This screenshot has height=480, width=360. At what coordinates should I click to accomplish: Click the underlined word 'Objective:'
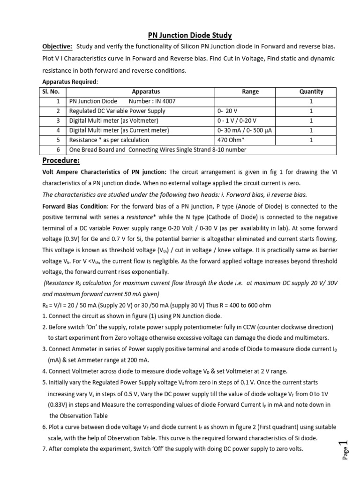tap(57, 48)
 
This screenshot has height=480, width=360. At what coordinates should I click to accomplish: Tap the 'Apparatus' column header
tap(146, 92)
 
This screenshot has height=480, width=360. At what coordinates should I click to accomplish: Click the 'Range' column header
tap(250, 92)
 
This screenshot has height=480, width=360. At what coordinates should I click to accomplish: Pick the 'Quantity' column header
tap(311, 92)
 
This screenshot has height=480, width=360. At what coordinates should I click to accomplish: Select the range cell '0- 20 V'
tap(229, 111)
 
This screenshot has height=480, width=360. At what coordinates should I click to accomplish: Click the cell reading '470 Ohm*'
tap(231, 140)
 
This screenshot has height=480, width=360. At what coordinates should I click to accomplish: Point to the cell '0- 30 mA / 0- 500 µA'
tap(245, 130)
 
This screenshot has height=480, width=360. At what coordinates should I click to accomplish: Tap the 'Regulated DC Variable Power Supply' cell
tap(117, 111)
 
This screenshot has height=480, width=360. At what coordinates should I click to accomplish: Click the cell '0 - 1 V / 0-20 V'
tap(237, 120)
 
